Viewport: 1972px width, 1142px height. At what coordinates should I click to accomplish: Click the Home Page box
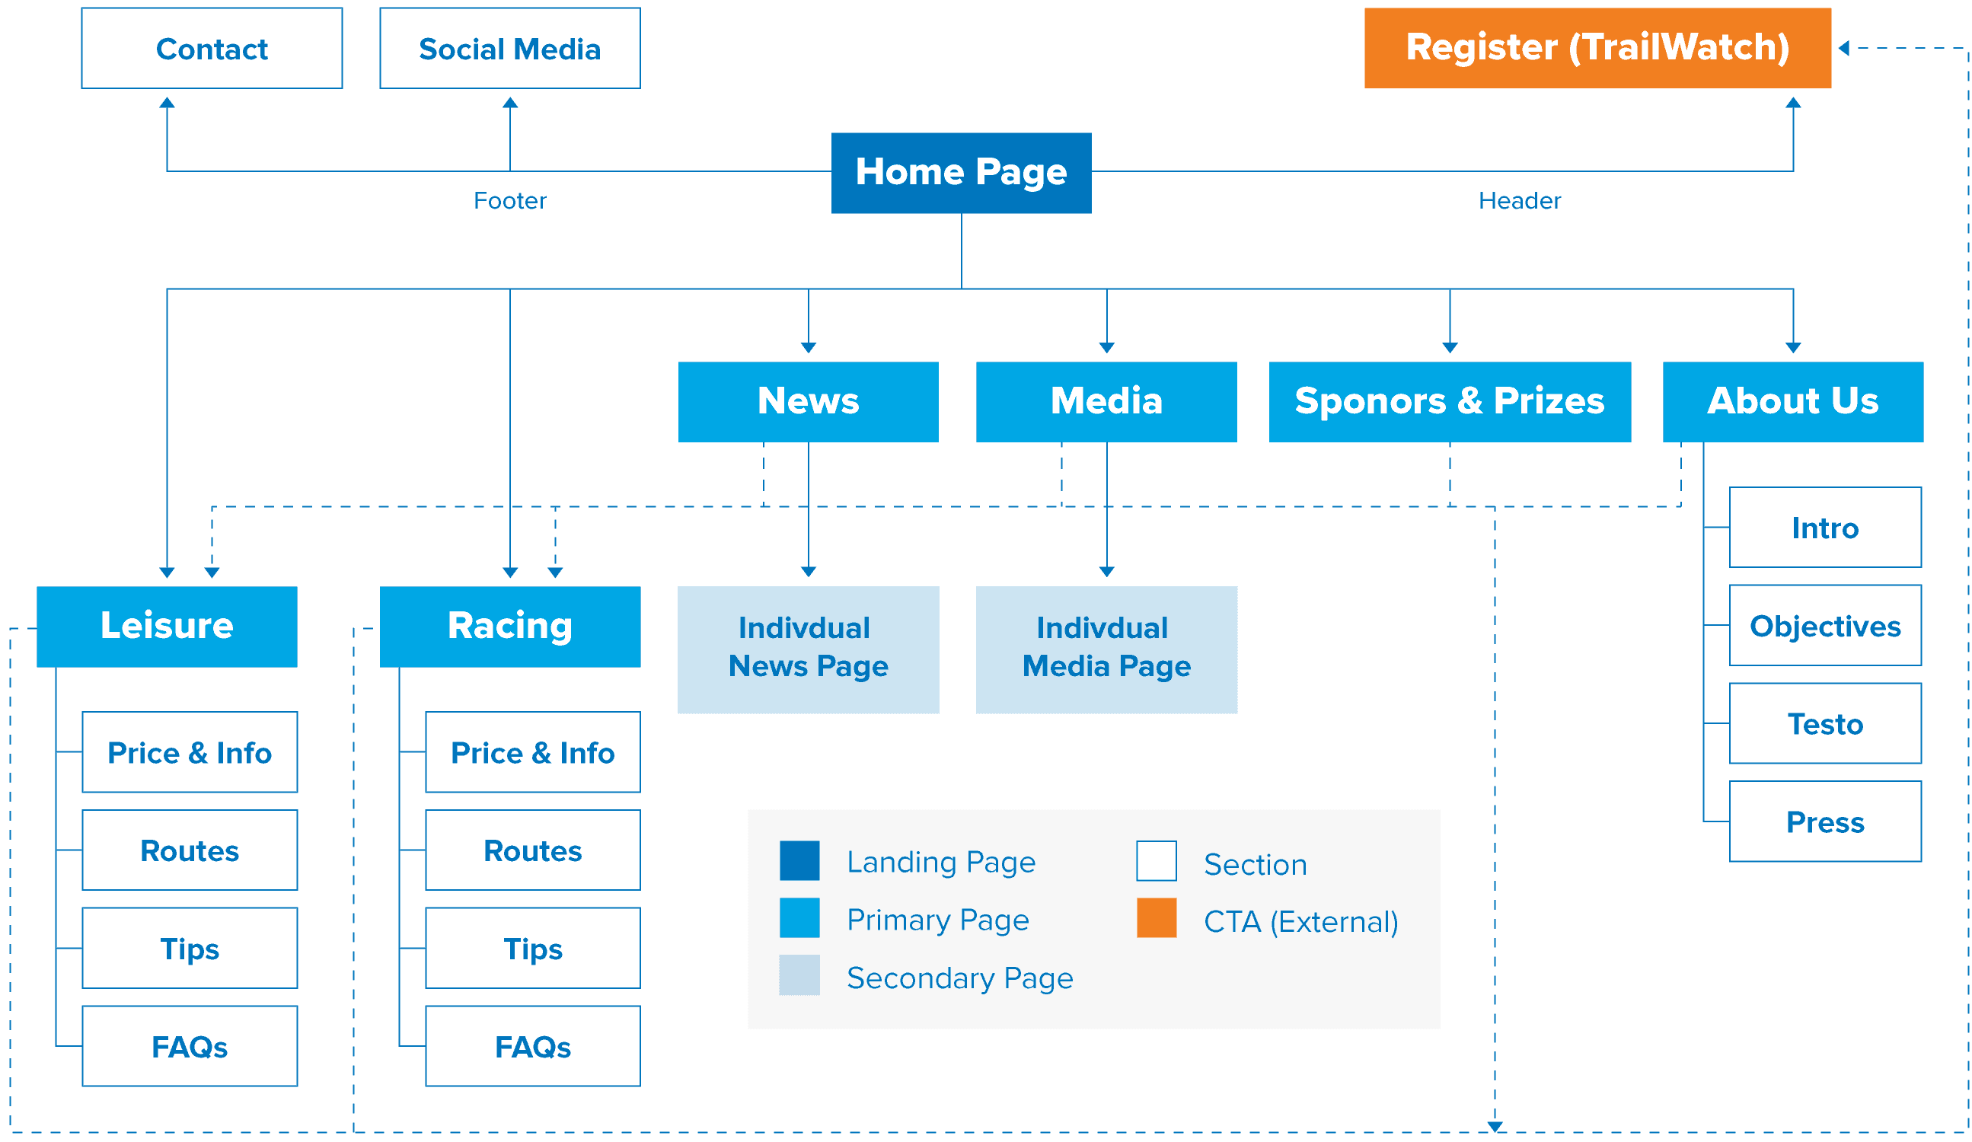point(961,173)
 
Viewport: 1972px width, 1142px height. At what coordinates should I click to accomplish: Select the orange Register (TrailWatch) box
point(1597,48)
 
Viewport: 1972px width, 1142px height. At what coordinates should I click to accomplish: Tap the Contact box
point(212,49)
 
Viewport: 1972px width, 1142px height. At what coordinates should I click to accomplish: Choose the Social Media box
point(510,49)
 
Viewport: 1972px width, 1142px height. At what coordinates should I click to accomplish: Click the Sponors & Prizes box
point(1450,401)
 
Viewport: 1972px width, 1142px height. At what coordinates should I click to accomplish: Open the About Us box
point(1793,401)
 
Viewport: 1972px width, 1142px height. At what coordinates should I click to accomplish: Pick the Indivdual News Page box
point(809,649)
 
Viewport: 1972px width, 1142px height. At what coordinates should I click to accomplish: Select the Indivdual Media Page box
point(1106,649)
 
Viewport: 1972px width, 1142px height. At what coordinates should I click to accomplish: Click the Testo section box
point(1825,723)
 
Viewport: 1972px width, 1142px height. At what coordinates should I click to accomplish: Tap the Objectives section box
point(1825,625)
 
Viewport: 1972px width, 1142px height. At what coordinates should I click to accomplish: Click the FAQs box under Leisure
point(190,1047)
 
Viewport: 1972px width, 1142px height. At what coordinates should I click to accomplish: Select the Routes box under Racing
point(533,850)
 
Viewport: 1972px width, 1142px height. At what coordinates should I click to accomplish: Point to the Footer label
point(510,201)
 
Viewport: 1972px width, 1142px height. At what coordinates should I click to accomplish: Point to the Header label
point(1520,201)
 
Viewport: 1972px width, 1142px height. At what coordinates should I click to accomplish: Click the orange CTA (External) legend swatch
point(1157,918)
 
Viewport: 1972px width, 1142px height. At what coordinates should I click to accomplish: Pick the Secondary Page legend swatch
point(799,975)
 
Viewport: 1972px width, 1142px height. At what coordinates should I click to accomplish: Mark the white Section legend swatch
point(1157,861)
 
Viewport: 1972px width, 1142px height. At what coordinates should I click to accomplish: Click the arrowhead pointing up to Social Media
point(510,103)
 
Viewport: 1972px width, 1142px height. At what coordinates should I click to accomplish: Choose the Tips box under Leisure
point(190,949)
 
